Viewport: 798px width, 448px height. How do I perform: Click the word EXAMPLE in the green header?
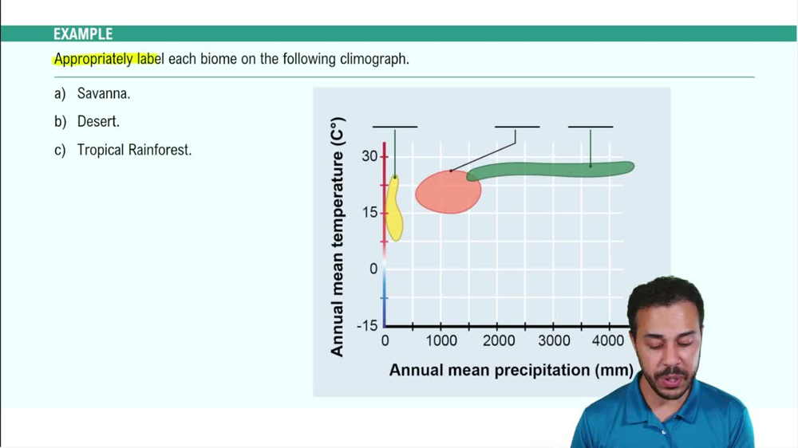(x=83, y=34)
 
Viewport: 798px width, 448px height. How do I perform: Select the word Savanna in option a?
(x=103, y=94)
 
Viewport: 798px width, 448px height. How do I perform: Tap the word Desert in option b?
(x=98, y=122)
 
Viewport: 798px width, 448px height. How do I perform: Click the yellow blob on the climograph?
(x=393, y=209)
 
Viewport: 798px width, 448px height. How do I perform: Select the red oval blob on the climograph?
(x=447, y=192)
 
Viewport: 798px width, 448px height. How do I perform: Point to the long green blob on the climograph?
(x=551, y=169)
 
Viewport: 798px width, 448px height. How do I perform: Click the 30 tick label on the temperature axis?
(x=369, y=155)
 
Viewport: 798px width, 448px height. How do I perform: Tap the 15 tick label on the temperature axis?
(x=369, y=212)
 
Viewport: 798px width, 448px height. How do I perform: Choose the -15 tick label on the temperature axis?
(x=367, y=325)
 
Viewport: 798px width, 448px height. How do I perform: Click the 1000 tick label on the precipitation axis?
(x=441, y=341)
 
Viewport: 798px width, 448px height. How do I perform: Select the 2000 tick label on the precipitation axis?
(x=498, y=341)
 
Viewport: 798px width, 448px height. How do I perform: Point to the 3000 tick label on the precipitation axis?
(x=554, y=341)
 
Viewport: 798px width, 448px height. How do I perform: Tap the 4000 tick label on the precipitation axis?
(x=609, y=341)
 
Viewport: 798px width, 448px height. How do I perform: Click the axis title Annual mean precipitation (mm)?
(x=511, y=370)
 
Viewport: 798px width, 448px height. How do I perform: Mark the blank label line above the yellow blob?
(x=395, y=126)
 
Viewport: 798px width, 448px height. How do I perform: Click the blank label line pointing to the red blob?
(x=517, y=126)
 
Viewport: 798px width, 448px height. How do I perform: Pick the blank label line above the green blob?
(x=591, y=126)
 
